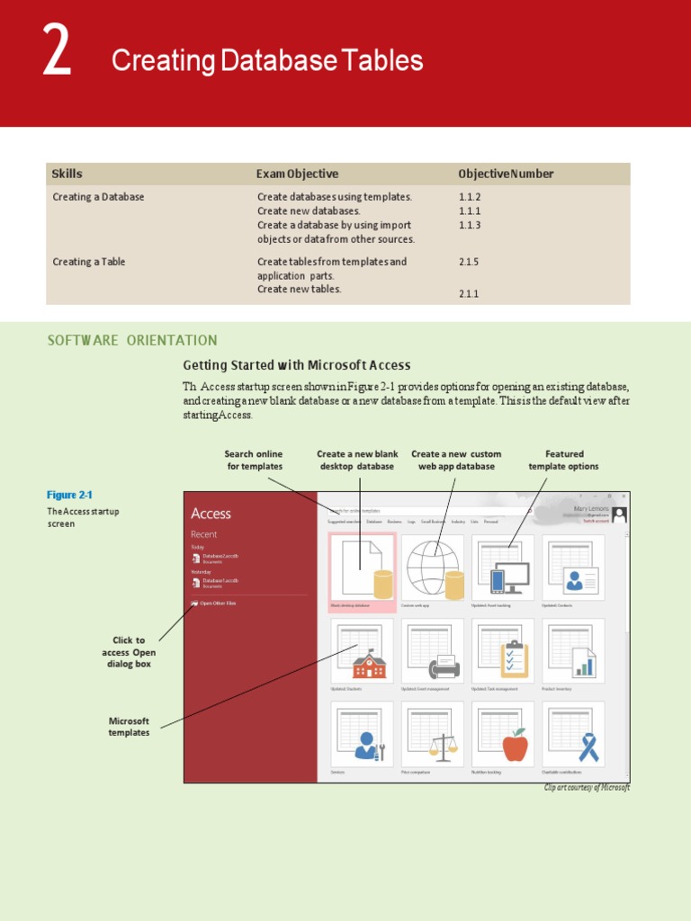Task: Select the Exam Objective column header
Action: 297,174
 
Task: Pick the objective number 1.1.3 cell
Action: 470,225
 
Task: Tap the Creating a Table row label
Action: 89,262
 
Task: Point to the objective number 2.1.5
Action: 470,262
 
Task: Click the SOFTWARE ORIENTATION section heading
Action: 132,340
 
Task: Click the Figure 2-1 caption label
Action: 69,495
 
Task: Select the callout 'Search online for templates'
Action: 254,460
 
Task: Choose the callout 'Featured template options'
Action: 563,460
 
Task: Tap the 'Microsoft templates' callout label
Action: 129,727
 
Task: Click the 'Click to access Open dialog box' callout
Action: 129,652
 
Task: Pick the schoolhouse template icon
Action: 369,665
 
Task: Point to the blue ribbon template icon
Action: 588,747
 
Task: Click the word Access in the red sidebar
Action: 211,514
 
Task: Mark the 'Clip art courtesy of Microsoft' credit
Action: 587,788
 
